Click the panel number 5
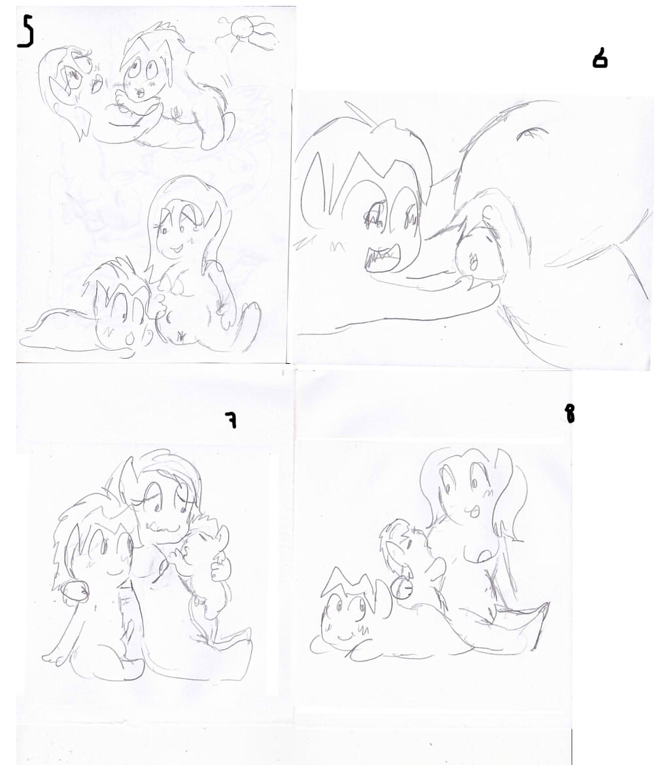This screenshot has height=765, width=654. pos(26,30)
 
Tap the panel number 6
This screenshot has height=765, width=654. pos(600,60)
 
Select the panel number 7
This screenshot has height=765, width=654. pos(231,419)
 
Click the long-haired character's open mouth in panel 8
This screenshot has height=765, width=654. pos(473,511)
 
